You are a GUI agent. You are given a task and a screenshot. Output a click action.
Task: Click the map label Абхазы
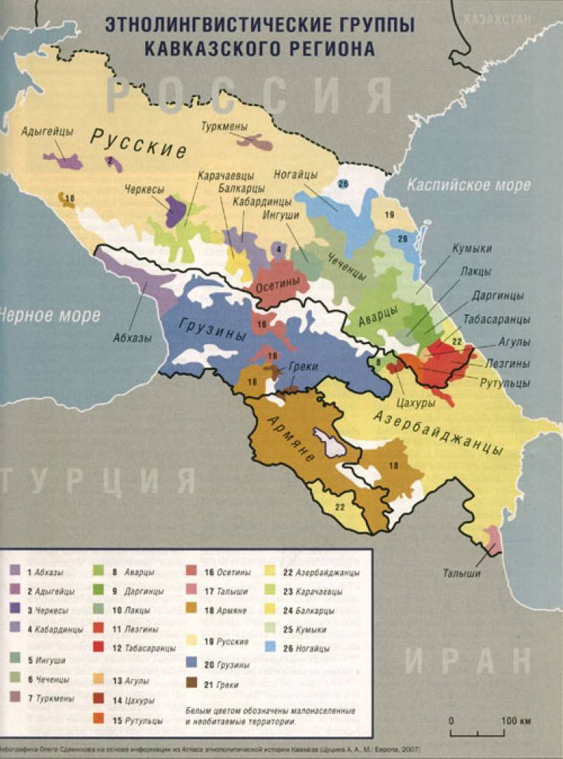pos(133,338)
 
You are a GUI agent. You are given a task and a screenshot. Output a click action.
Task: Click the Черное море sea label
pos(49,315)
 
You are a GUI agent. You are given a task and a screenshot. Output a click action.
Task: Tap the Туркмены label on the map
pos(224,127)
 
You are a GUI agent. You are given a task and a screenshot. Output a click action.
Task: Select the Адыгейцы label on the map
pos(47,131)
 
